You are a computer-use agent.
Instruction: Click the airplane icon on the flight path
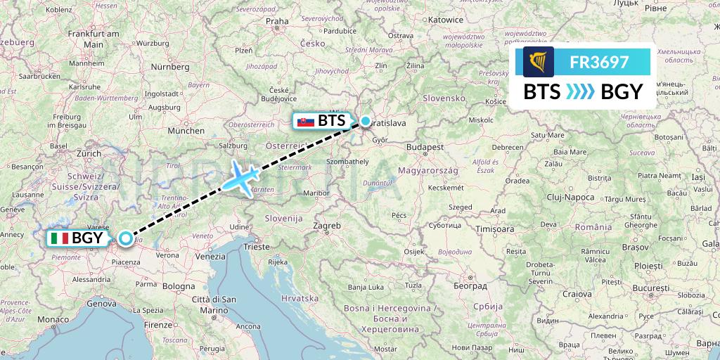tap(240, 177)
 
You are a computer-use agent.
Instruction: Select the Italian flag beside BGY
tap(59, 238)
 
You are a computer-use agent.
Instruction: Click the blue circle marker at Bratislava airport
tap(366, 121)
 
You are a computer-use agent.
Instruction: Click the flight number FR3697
tap(599, 62)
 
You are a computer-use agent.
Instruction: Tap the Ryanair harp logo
tap(539, 62)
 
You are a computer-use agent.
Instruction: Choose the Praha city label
tap(277, 21)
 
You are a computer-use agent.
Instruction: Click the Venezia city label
tap(210, 257)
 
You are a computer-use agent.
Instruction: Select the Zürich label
tap(89, 153)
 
